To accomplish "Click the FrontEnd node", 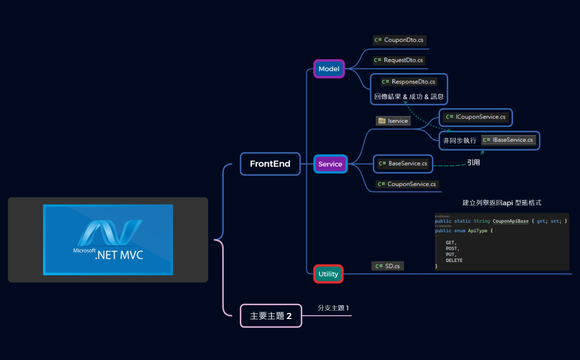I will click(x=270, y=164).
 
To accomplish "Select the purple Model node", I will click(x=329, y=69).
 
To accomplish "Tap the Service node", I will click(x=330, y=164).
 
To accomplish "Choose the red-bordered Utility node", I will click(x=328, y=274).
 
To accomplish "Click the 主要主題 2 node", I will click(x=271, y=316).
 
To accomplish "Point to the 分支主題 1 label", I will click(x=333, y=308).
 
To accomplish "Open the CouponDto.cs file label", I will click(x=399, y=40).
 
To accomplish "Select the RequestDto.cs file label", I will click(x=399, y=60).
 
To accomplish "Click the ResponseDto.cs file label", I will click(x=409, y=81).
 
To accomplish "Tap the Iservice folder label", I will click(x=393, y=121).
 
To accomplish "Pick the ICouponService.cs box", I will click(x=476, y=117).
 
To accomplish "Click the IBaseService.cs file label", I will click(x=509, y=140).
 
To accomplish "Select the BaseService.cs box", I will click(x=403, y=163).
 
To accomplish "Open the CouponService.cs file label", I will click(x=407, y=184).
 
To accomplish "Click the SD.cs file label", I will click(x=387, y=266).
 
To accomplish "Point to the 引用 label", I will click(x=473, y=163).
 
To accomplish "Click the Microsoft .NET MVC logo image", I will click(x=108, y=239).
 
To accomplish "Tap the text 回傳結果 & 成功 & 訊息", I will click(x=408, y=96).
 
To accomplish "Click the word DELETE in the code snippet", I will click(x=454, y=260).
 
